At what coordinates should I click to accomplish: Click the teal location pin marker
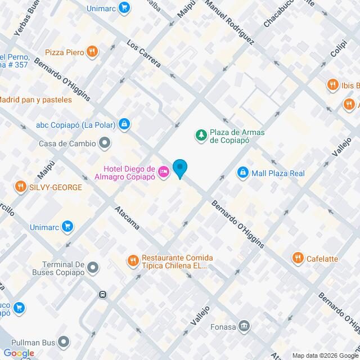pyautogui.click(x=180, y=168)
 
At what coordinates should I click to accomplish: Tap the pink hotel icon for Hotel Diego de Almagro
pyautogui.click(x=164, y=171)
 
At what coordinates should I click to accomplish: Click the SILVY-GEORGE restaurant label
pyautogui.click(x=57, y=187)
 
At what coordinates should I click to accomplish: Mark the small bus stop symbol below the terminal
pyautogui.click(x=103, y=294)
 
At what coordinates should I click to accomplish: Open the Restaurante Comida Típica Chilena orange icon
pyautogui.click(x=133, y=260)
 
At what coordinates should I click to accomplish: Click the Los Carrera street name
pyautogui.click(x=144, y=54)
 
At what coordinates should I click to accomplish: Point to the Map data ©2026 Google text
pyautogui.click(x=325, y=355)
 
